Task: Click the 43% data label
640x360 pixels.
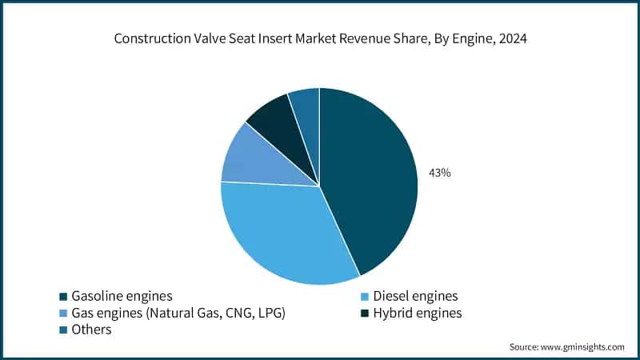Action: tap(439, 172)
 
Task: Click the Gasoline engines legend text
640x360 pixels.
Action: tap(122, 295)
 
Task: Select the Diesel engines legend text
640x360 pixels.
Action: tap(418, 295)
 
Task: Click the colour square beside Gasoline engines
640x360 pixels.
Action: tap(62, 296)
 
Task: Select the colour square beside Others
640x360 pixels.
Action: tap(62, 330)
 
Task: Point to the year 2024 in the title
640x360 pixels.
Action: tap(511, 38)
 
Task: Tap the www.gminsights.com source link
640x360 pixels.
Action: tap(583, 346)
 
